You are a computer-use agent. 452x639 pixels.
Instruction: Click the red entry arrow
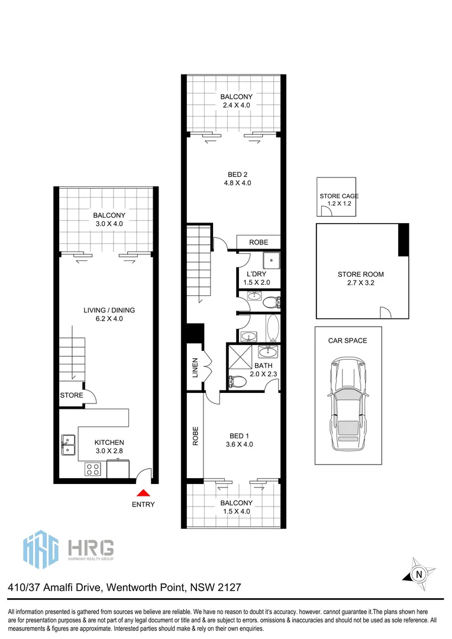143,492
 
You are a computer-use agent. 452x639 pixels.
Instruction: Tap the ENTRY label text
143,505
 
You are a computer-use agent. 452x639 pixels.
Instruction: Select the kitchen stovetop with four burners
93,469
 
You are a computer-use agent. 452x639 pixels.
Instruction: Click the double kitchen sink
68,445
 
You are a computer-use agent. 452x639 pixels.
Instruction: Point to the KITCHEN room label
109,443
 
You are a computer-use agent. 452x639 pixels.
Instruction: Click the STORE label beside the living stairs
71,395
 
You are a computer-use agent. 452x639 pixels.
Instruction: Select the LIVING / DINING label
109,310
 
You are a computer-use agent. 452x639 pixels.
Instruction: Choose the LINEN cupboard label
195,367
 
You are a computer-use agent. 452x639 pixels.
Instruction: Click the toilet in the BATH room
237,382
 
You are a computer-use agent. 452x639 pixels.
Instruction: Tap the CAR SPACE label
348,341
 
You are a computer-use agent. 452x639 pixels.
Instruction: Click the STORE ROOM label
361,275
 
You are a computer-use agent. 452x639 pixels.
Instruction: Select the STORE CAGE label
338,196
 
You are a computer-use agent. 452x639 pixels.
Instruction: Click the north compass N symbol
419,574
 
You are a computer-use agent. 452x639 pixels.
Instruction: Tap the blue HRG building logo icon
41,550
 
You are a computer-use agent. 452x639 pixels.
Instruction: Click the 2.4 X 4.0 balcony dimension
236,105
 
